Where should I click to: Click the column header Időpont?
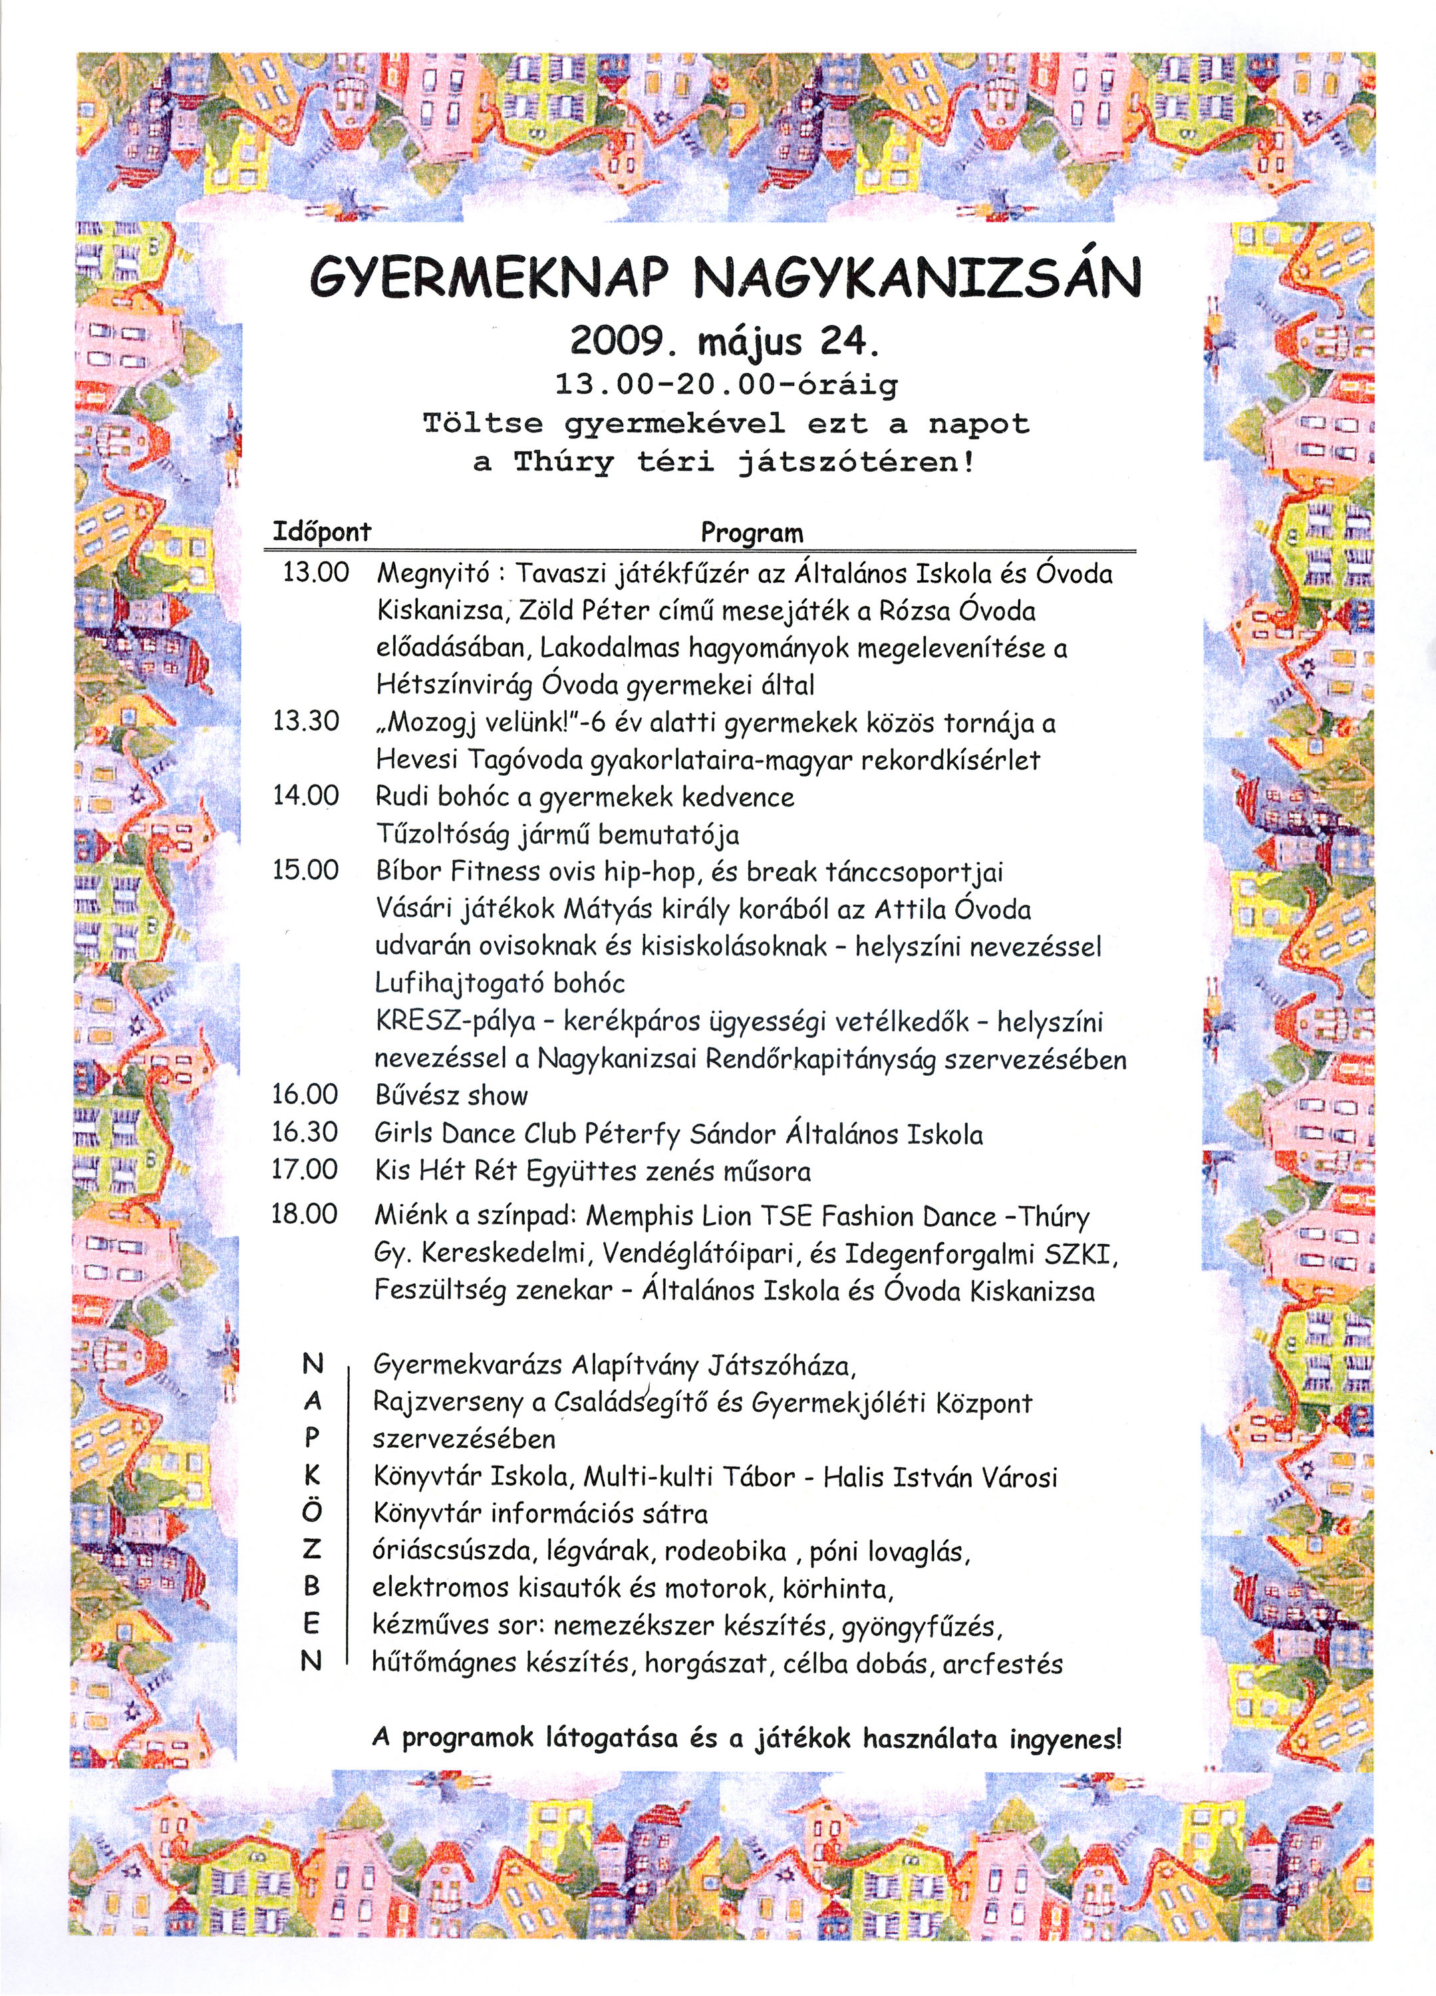point(322,532)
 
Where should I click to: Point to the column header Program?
point(752,532)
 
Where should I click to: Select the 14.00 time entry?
point(305,796)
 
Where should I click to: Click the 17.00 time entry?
point(305,1170)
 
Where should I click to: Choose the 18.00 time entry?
point(305,1214)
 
